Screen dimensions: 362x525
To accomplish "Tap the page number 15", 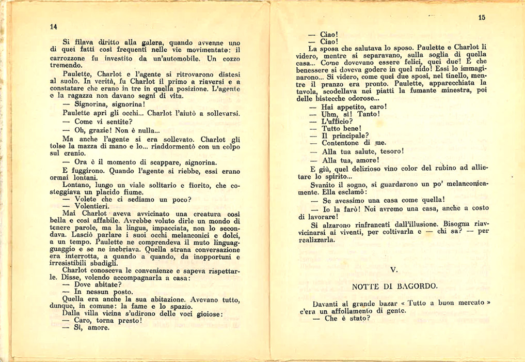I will (x=482, y=18).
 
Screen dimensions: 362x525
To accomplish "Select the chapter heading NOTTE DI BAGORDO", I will (x=394, y=286).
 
